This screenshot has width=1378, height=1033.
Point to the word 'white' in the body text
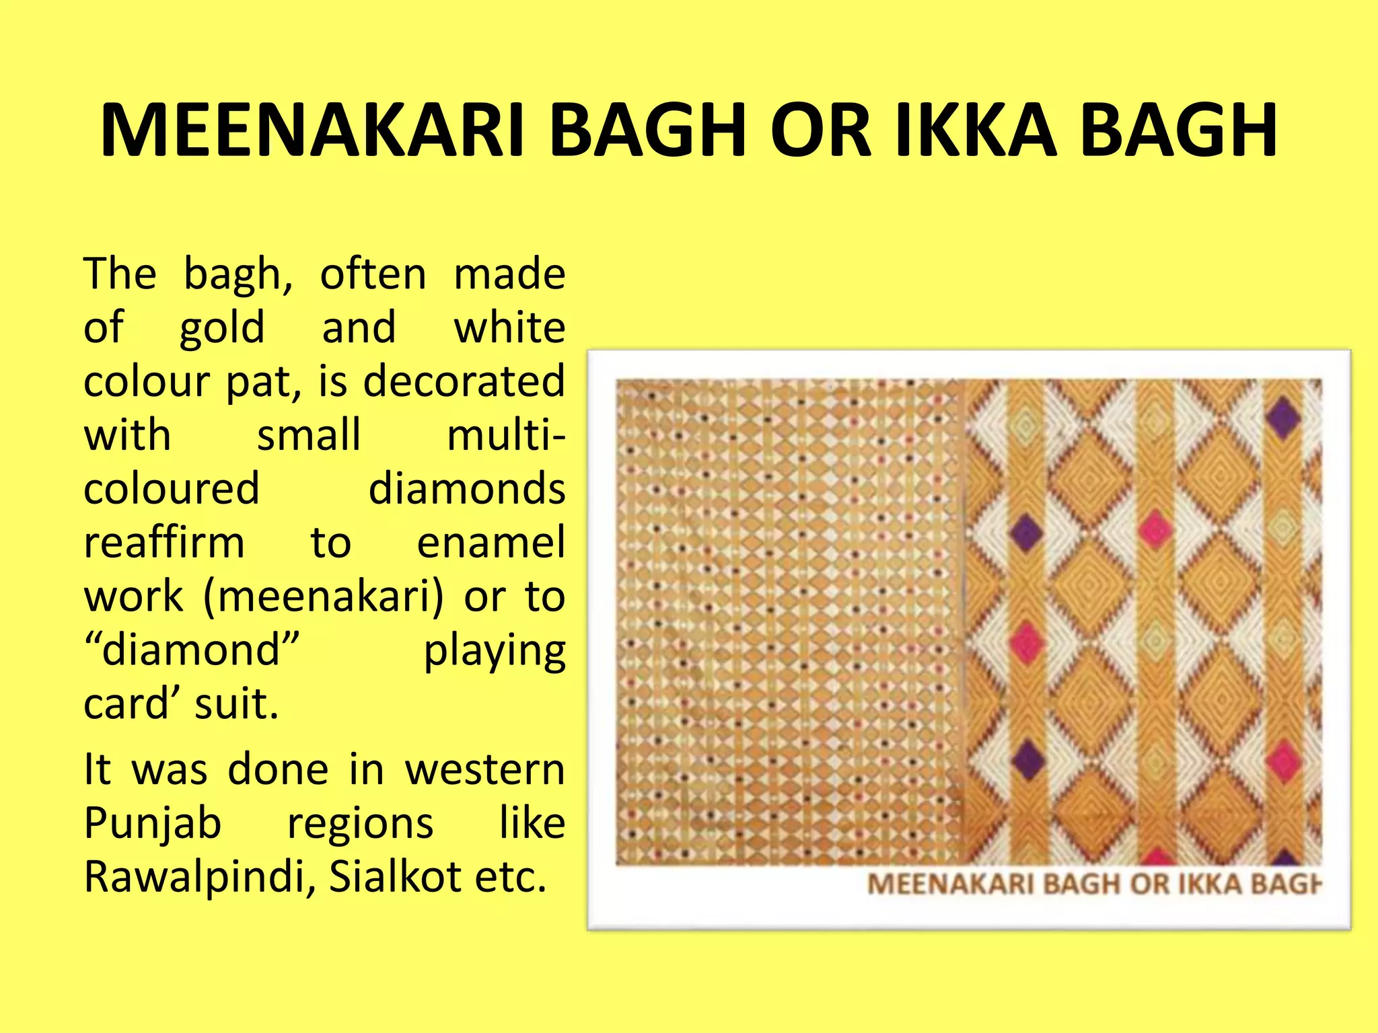[509, 328]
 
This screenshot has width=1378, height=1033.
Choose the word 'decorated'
[464, 381]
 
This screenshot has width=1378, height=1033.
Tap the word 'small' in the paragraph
[309, 435]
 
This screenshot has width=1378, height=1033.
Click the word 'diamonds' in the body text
[466, 489]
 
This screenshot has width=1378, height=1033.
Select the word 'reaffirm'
[164, 543]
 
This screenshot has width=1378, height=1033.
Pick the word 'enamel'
[491, 543]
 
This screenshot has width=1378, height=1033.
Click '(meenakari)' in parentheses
[324, 597]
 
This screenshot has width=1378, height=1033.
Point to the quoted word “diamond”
[191, 650]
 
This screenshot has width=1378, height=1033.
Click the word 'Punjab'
[153, 825]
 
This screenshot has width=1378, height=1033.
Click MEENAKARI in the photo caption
[950, 884]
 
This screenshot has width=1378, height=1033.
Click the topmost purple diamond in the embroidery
[1282, 418]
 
